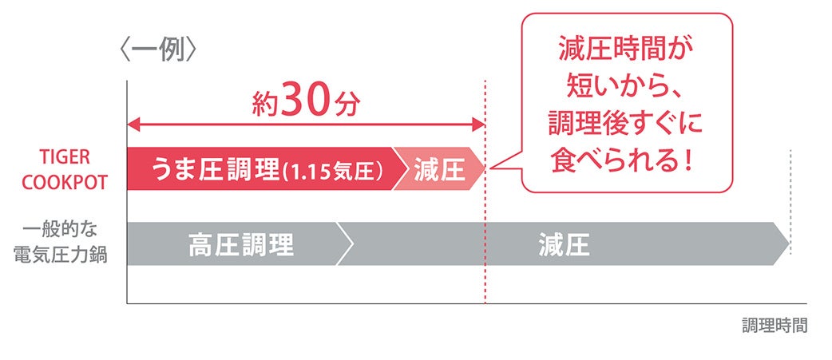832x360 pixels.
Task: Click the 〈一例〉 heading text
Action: (x=156, y=51)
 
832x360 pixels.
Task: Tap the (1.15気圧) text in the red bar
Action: (x=335, y=170)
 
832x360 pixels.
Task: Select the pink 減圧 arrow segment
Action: (x=440, y=168)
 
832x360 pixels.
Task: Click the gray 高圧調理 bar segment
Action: (x=240, y=244)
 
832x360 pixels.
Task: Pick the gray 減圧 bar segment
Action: (x=563, y=244)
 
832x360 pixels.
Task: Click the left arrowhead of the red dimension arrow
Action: (x=133, y=125)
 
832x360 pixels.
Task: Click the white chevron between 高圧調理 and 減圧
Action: (x=344, y=244)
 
